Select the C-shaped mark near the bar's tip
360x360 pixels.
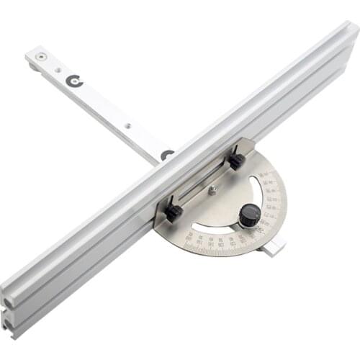click(x=74, y=81)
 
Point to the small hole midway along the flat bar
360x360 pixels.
click(x=127, y=126)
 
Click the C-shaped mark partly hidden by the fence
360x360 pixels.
click(x=166, y=154)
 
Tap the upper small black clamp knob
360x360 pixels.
click(x=235, y=162)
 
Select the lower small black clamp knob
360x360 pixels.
click(x=173, y=212)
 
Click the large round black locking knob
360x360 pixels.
click(x=249, y=215)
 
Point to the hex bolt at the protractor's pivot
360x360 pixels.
click(x=212, y=191)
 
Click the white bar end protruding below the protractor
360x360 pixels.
click(x=274, y=248)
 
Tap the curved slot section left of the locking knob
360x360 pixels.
click(x=216, y=229)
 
